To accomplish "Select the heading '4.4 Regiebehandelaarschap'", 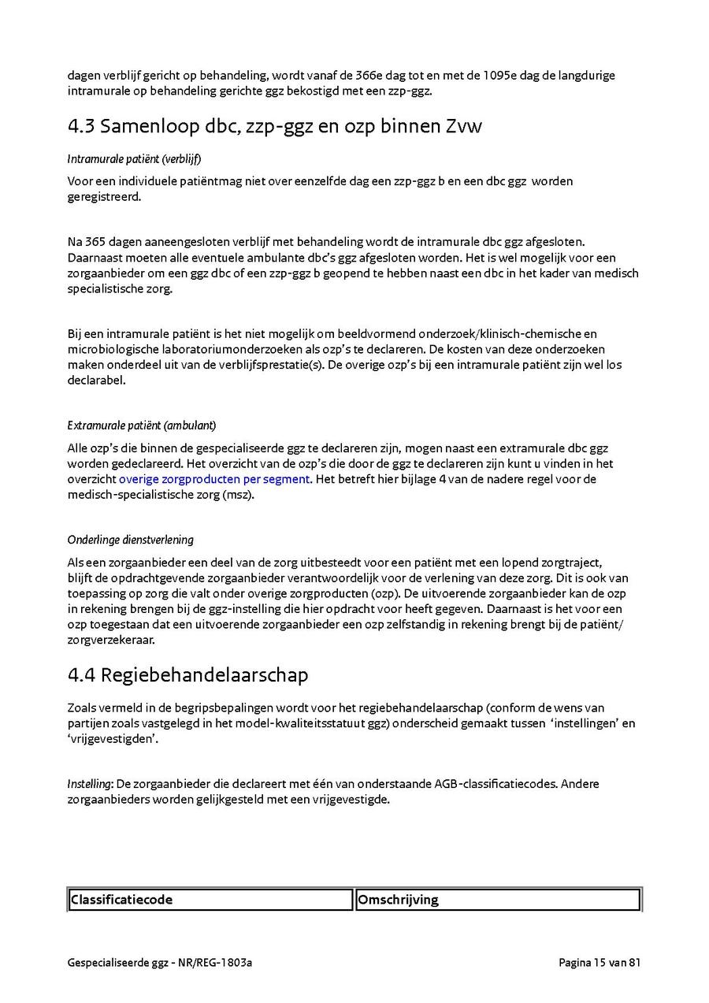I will tap(187, 675).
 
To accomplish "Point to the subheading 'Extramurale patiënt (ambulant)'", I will tap(142, 426).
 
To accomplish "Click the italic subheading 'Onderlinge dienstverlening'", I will tap(131, 540).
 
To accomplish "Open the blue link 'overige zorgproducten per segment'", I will tap(214, 479).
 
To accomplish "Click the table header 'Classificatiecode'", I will tap(121, 900).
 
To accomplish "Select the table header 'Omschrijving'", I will tap(398, 900).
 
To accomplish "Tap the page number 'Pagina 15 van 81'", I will tap(599, 962).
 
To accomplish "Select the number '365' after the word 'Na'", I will tap(95, 242).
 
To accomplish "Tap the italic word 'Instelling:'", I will tap(91, 784).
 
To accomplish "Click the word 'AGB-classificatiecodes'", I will tap(496, 784).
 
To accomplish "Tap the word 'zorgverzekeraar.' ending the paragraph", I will tap(111, 640).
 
